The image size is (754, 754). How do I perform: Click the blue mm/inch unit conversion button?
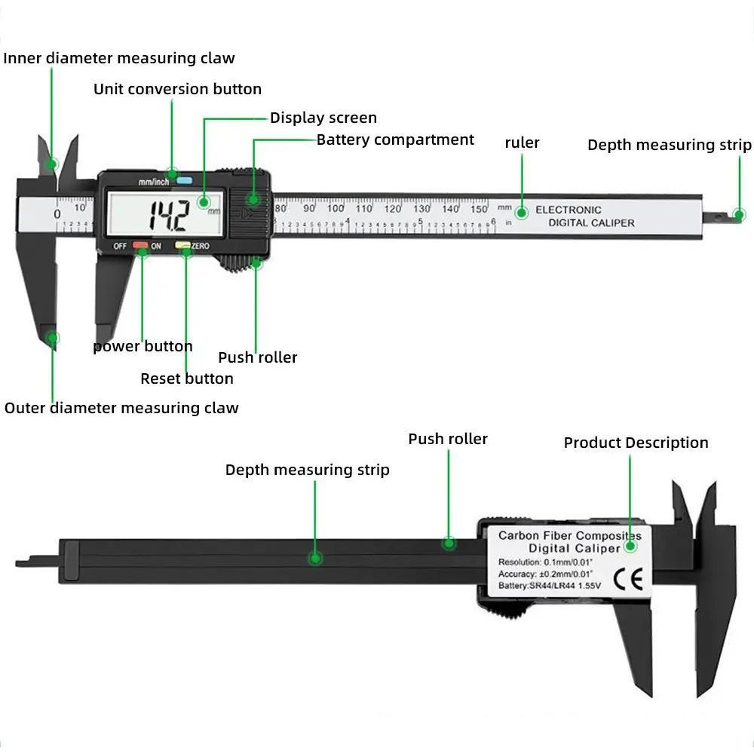(x=184, y=181)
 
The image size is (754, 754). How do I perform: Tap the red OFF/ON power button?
(x=140, y=245)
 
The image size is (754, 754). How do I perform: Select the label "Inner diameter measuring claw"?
(x=119, y=58)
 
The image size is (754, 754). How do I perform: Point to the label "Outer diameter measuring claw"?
(x=121, y=408)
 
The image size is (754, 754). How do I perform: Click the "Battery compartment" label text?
(x=395, y=139)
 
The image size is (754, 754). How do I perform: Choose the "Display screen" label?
(x=323, y=118)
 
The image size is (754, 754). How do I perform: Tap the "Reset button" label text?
(x=187, y=379)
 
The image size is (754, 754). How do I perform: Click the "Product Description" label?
(x=636, y=443)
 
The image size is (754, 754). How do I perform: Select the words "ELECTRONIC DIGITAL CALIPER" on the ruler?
(x=580, y=216)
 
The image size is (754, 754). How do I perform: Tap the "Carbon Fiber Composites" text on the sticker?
(x=569, y=535)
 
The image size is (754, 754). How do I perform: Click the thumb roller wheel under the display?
(x=238, y=265)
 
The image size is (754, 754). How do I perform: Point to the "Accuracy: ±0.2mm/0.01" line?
(x=547, y=574)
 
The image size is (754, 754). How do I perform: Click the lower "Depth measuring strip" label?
(x=308, y=470)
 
